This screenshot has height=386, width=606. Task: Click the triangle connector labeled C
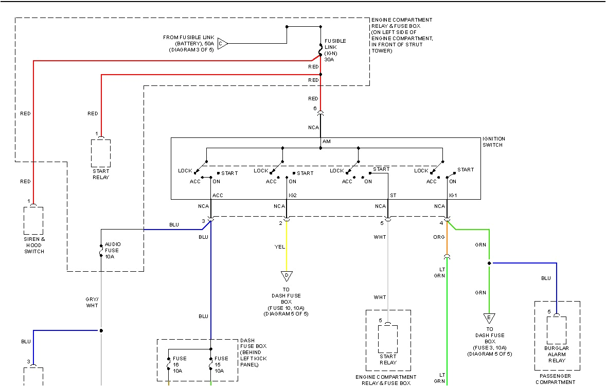tap(222, 44)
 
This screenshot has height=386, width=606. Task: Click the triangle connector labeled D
tap(286, 276)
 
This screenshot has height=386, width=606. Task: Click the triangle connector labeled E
tap(489, 318)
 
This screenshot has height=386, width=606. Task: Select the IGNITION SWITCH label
tap(493, 142)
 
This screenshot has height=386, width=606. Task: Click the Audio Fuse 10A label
tap(112, 250)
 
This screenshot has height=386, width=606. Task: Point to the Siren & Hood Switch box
tap(33, 220)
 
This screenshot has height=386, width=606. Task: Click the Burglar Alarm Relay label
tap(556, 354)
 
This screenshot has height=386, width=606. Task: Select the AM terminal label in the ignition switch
tap(326, 142)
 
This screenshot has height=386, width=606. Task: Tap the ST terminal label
tap(393, 195)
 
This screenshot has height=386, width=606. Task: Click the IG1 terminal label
tap(453, 195)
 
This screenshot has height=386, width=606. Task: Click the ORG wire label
tap(438, 237)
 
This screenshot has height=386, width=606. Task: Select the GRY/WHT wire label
tap(92, 302)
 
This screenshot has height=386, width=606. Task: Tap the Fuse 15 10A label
tap(221, 364)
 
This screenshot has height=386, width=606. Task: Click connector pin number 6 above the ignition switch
tap(315, 109)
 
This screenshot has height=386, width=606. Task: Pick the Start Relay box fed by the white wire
tap(388, 338)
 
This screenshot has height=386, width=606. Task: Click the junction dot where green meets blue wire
tap(489, 263)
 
